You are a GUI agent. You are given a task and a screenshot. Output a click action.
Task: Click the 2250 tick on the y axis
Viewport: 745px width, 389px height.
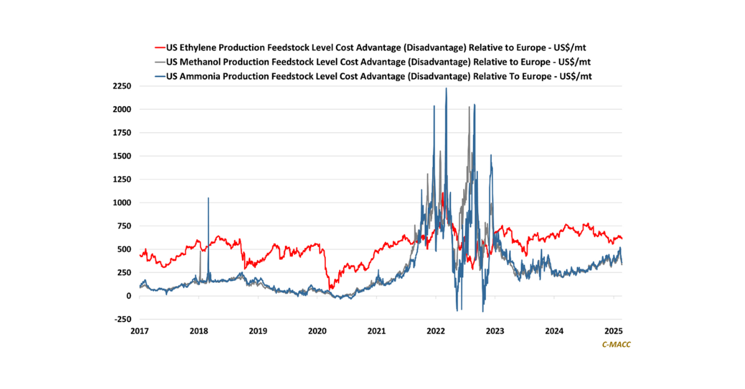(x=122, y=86)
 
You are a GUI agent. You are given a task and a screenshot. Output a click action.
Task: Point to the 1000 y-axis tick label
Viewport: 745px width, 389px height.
(x=122, y=203)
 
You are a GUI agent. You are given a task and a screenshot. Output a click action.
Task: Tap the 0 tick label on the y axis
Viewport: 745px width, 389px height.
(x=129, y=296)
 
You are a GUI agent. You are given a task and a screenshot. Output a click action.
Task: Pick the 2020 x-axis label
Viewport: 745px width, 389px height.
(x=317, y=331)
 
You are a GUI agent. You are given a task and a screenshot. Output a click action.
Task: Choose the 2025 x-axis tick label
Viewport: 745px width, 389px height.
(x=613, y=331)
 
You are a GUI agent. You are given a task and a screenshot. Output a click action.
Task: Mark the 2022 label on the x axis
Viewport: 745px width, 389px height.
(x=436, y=331)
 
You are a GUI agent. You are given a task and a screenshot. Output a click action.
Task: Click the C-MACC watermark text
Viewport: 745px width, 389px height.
(x=616, y=344)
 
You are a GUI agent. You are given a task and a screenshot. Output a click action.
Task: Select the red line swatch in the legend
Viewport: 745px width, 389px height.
(x=159, y=47)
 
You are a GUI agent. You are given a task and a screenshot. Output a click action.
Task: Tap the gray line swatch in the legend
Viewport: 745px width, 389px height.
(x=159, y=61)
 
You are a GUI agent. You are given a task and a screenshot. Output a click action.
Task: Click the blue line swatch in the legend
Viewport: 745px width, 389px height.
(x=159, y=75)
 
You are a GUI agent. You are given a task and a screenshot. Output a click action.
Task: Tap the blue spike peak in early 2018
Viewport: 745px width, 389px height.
(x=208, y=199)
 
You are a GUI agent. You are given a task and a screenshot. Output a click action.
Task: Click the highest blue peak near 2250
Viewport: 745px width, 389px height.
(x=446, y=89)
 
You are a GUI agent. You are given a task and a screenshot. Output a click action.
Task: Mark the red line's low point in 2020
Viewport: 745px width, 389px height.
(x=331, y=288)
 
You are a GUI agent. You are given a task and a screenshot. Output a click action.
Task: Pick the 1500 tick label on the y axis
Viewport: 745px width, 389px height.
(x=122, y=156)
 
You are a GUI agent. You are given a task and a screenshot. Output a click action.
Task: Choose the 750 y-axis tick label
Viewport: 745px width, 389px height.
(x=125, y=226)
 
